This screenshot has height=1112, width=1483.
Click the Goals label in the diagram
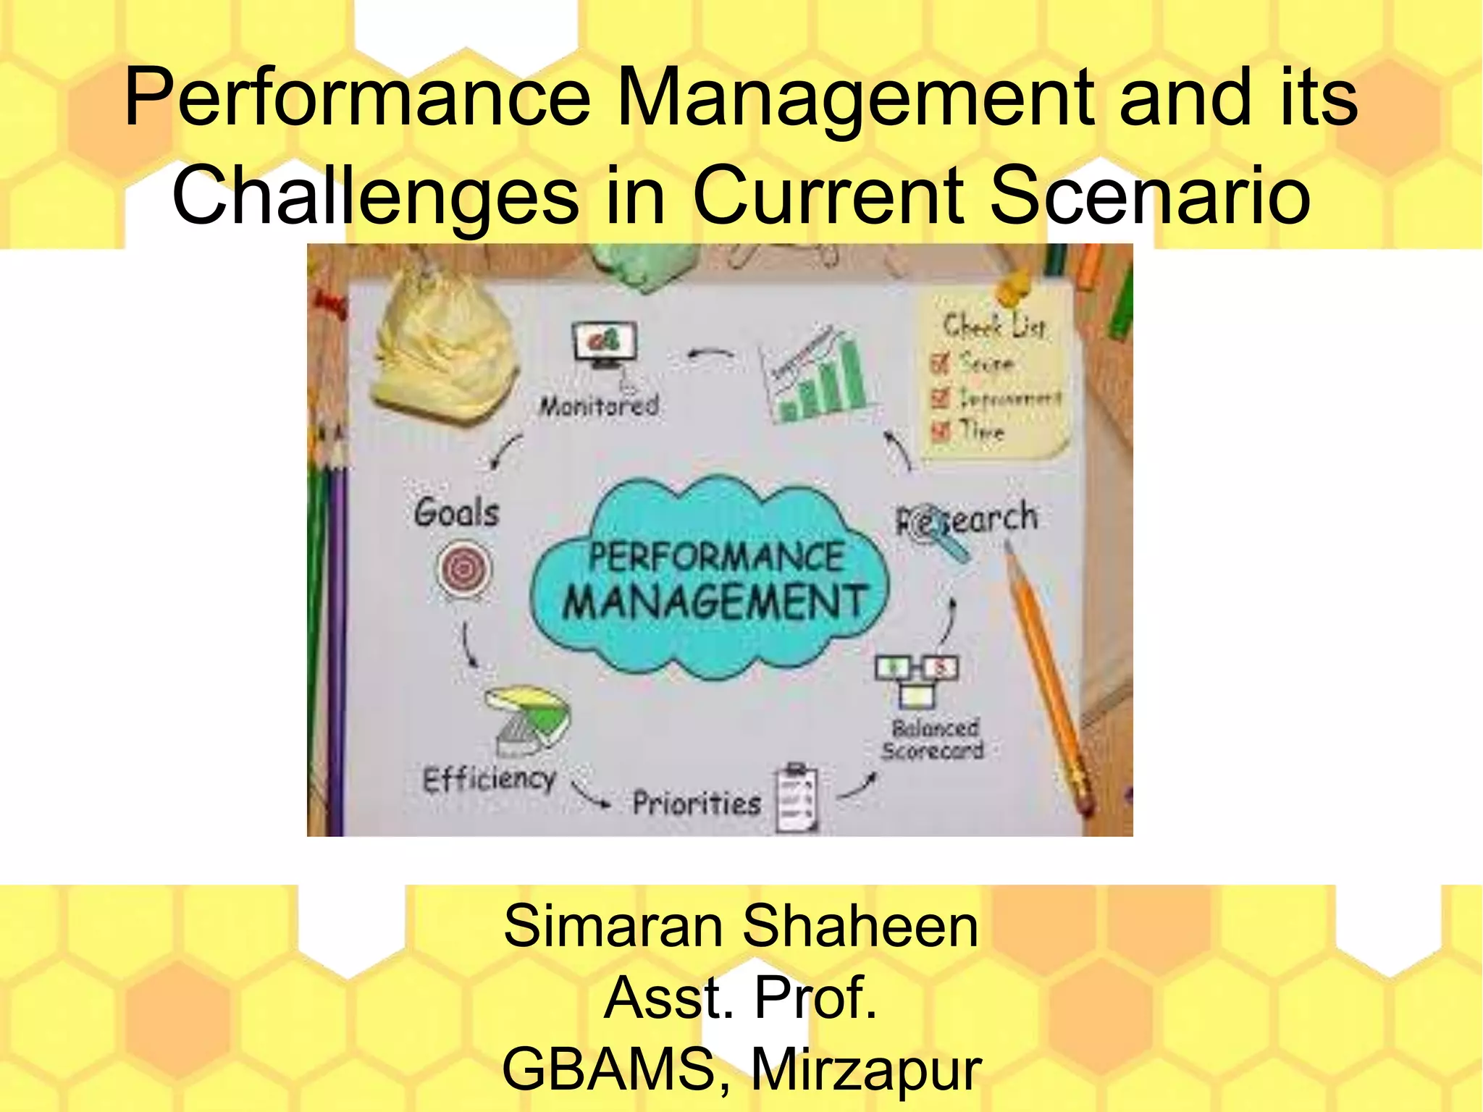tap(457, 513)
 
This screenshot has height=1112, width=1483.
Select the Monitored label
tap(599, 406)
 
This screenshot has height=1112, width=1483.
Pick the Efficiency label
tap(490, 779)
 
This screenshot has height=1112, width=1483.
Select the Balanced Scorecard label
tap(933, 739)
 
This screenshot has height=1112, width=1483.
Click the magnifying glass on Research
tap(934, 531)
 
